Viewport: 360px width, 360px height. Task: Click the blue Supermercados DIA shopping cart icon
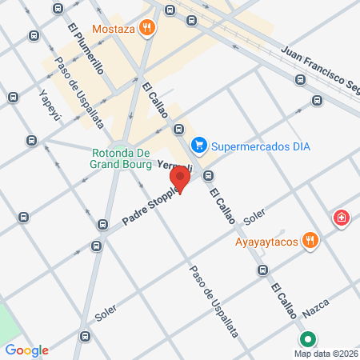click(x=200, y=146)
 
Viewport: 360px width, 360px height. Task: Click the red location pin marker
click(x=180, y=178)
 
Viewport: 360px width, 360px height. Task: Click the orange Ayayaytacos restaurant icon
click(x=310, y=241)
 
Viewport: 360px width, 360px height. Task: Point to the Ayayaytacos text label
click(x=266, y=241)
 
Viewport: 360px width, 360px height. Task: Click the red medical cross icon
click(x=342, y=218)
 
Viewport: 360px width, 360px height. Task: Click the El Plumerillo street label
click(x=86, y=47)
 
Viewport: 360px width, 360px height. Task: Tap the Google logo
click(x=27, y=350)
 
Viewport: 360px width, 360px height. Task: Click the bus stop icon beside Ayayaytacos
click(x=262, y=270)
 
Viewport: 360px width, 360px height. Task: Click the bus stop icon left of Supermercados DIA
click(x=178, y=129)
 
